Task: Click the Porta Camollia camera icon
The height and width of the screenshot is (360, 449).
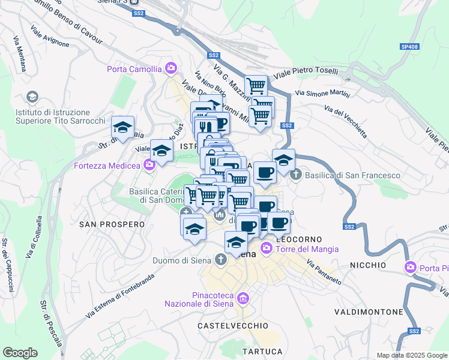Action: click(172, 68)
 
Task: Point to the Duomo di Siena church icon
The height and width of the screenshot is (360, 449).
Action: click(221, 259)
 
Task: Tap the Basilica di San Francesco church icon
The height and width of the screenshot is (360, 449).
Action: click(295, 175)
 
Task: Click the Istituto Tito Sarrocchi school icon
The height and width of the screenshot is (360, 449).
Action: click(32, 97)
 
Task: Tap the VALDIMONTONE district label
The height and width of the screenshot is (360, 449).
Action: click(369, 312)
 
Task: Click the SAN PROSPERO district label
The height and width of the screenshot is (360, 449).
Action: click(112, 224)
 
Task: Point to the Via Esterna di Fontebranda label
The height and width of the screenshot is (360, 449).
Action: click(120, 296)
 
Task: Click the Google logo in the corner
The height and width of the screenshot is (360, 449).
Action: click(20, 353)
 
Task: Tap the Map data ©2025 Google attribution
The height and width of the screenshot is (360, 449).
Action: click(411, 355)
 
